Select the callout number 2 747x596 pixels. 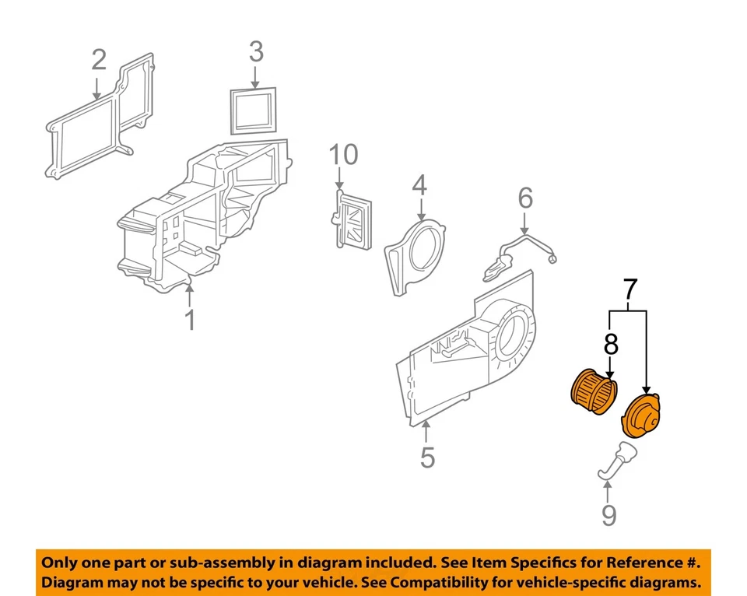[99, 59]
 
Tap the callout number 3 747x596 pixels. [256, 52]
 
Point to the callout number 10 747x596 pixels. [343, 155]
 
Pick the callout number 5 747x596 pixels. [427, 457]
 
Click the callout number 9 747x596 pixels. [608, 514]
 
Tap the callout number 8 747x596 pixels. [611, 343]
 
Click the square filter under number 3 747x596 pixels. [254, 110]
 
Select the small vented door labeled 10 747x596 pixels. [352, 219]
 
